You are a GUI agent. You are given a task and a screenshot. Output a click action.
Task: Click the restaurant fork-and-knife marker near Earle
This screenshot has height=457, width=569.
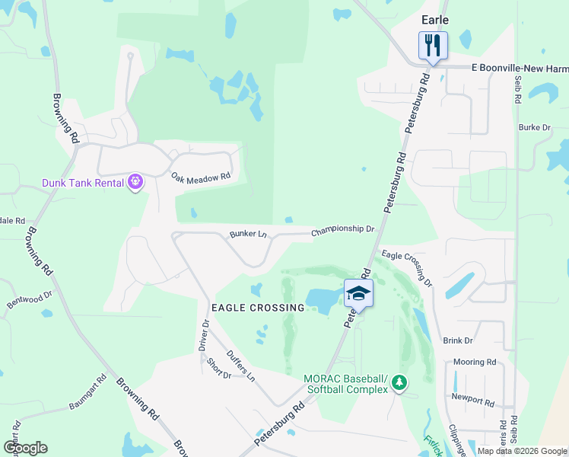coord(433,46)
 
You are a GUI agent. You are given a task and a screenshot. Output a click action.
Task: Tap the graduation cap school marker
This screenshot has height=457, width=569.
coord(359,293)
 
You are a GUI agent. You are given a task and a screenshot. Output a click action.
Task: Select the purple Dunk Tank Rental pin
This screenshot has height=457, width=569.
coord(136,182)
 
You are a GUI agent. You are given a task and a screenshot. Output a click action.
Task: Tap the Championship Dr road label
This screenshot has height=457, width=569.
coord(343,229)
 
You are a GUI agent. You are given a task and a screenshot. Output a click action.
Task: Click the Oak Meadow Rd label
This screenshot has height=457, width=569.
coord(200,177)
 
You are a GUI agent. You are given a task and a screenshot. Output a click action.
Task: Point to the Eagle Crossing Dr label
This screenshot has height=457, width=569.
coord(406,267)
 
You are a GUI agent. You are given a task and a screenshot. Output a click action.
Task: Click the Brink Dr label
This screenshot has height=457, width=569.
coord(458,340)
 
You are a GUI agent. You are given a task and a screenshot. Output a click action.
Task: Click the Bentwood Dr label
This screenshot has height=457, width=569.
coord(30,299)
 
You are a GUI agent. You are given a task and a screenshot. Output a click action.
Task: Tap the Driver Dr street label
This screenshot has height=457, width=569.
coord(204,335)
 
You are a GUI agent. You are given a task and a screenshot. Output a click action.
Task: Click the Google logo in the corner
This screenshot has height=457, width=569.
coord(25,447)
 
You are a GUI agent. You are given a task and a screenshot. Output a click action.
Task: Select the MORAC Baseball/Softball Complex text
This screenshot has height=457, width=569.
coord(345,385)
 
